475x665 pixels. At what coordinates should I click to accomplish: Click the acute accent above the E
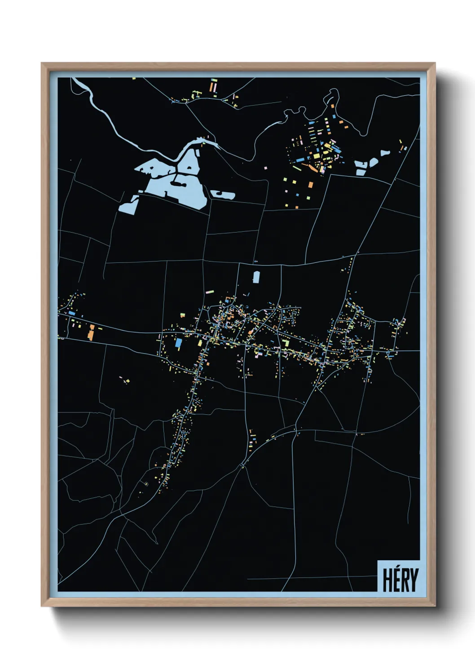(x=396, y=568)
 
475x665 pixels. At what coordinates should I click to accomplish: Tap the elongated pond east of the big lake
(x=223, y=195)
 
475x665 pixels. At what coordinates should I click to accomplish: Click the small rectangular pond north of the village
(x=256, y=277)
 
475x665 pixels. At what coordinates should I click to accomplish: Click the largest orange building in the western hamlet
(x=91, y=333)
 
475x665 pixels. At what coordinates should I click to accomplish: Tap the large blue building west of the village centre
(x=179, y=343)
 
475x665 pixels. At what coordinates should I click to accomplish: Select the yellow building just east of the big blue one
(x=200, y=343)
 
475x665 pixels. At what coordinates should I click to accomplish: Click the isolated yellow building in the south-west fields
(x=128, y=381)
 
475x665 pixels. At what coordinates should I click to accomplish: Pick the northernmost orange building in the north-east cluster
(x=333, y=106)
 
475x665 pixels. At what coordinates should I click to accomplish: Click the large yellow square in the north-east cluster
(x=317, y=156)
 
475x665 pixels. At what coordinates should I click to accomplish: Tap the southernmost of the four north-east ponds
(x=361, y=172)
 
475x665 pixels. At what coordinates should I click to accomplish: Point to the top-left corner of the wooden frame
(x=42, y=63)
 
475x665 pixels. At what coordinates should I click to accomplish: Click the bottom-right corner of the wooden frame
(x=435, y=606)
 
